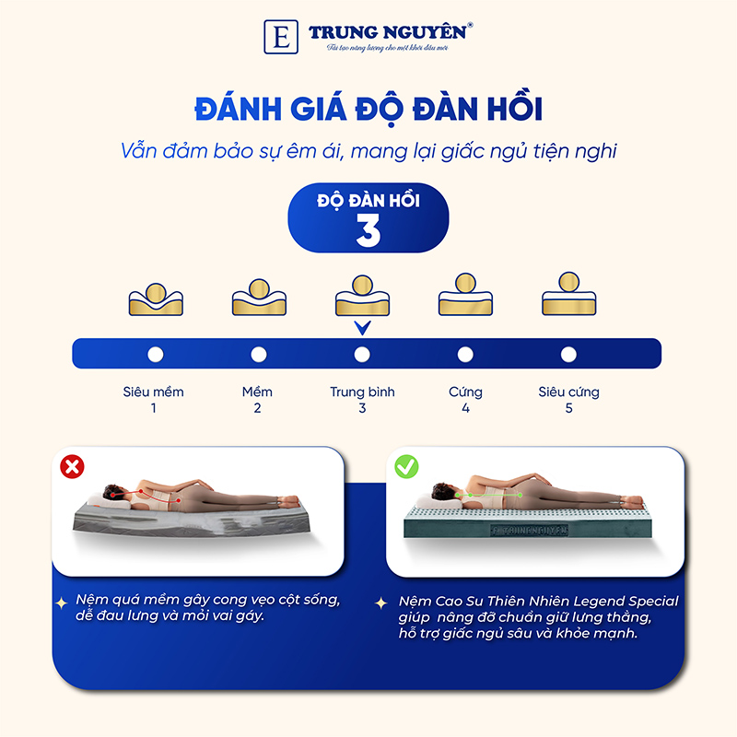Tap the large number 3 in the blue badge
pyautogui.click(x=368, y=231)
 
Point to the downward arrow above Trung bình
pyautogui.click(x=362, y=327)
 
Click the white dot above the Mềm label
pyautogui.click(x=258, y=354)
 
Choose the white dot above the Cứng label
pyautogui.click(x=465, y=354)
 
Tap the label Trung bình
pyautogui.click(x=362, y=392)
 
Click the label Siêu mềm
pyautogui.click(x=154, y=392)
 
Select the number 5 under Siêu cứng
pyautogui.click(x=568, y=407)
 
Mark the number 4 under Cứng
pyautogui.click(x=465, y=407)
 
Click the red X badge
pyautogui.click(x=71, y=467)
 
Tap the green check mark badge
pyautogui.click(x=406, y=467)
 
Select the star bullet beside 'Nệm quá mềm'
pyautogui.click(x=61, y=602)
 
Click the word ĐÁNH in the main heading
pyautogui.click(x=238, y=110)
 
